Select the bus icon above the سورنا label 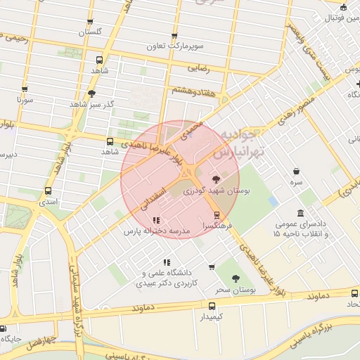point(25,89)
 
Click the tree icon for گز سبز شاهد point(91,94)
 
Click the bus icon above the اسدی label point(48,191)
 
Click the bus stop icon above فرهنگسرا point(216,216)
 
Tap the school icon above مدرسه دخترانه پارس point(156,221)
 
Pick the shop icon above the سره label point(297,171)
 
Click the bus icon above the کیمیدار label point(211,306)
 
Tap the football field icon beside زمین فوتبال point(343,8)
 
